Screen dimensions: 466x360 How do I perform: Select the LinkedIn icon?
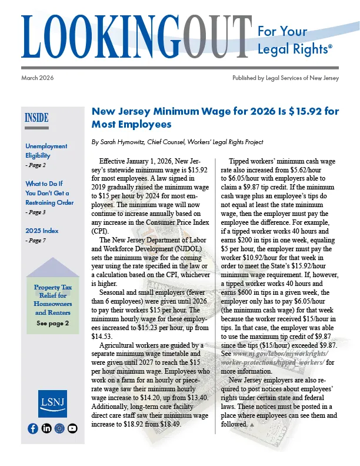pos(45,428)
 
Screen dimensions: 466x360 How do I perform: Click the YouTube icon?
pos(72,428)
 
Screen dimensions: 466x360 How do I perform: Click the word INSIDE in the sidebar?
pos(36,118)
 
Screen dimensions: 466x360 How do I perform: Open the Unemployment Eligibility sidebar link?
pos(46,151)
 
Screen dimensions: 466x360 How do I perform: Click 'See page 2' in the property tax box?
pos(52,324)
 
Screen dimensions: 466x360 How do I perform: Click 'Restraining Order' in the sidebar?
pos(49,202)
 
